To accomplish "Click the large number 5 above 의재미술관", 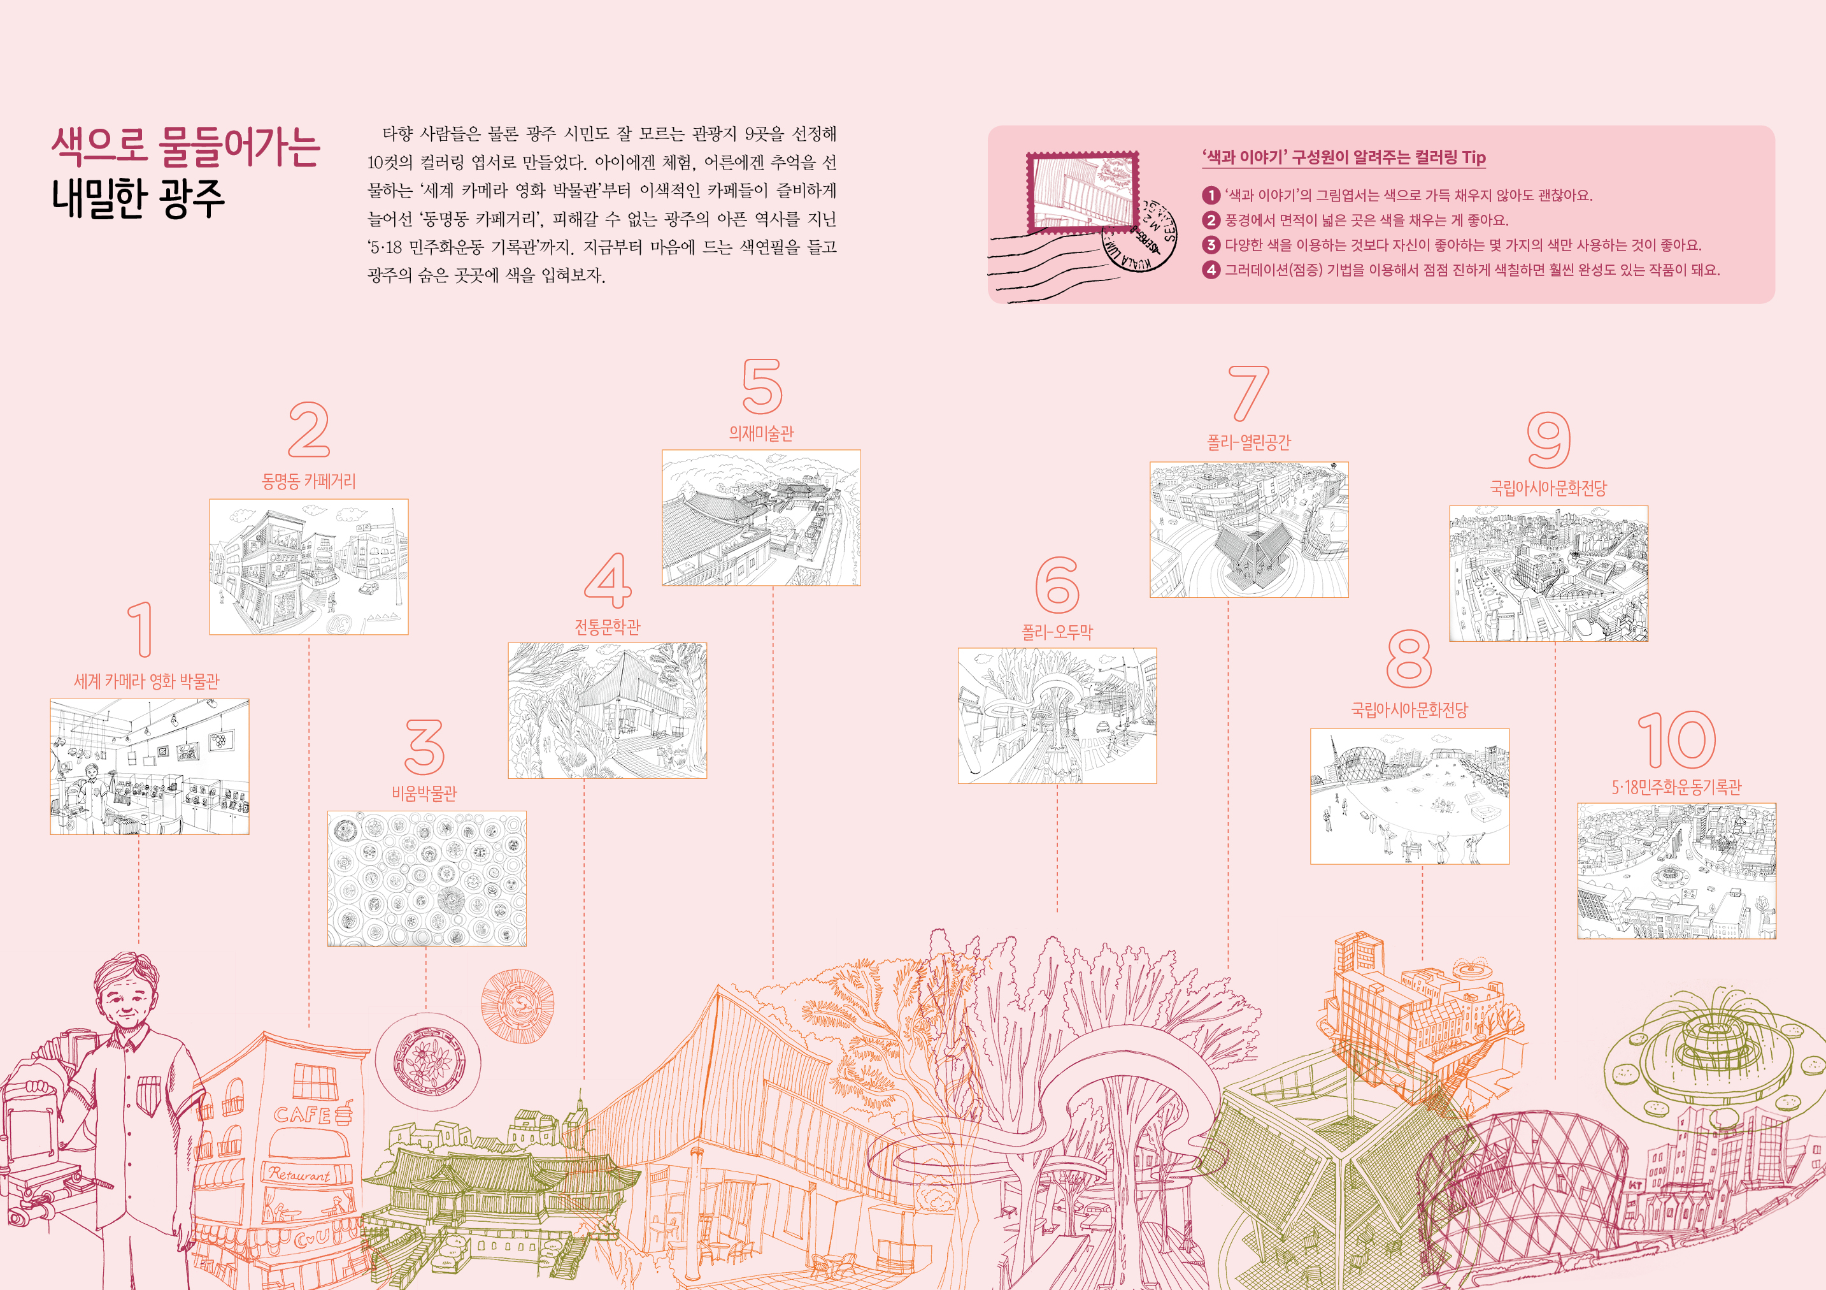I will tap(762, 386).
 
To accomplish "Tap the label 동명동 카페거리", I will tap(308, 481).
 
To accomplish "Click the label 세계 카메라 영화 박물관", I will tap(146, 681).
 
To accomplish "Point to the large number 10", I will tap(1676, 740).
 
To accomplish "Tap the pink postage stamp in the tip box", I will tap(1081, 191).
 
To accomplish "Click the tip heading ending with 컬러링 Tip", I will tap(1343, 157).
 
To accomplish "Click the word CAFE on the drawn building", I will tap(303, 1114).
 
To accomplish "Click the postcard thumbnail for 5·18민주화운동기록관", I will tap(1676, 871).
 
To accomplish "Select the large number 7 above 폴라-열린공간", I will tap(1248, 393).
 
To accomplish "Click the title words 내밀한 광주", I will tap(138, 199).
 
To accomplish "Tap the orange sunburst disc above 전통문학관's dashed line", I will tap(518, 1005).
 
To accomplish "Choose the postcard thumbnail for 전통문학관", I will tap(607, 711).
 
